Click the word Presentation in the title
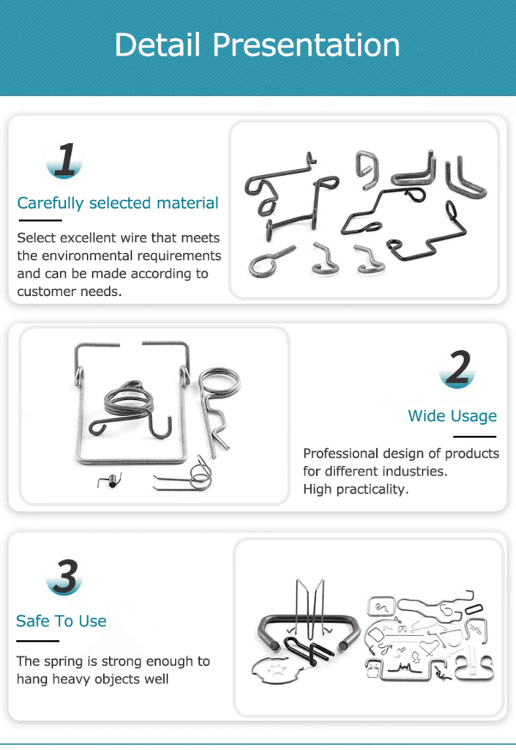coord(306,45)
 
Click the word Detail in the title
coord(157,45)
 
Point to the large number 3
coord(65,576)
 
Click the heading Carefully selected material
coord(118,204)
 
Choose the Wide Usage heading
coord(452,416)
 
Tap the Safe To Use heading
coord(61,621)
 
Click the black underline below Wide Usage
coord(475,437)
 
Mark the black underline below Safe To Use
coord(38,641)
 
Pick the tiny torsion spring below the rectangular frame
coord(110,481)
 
